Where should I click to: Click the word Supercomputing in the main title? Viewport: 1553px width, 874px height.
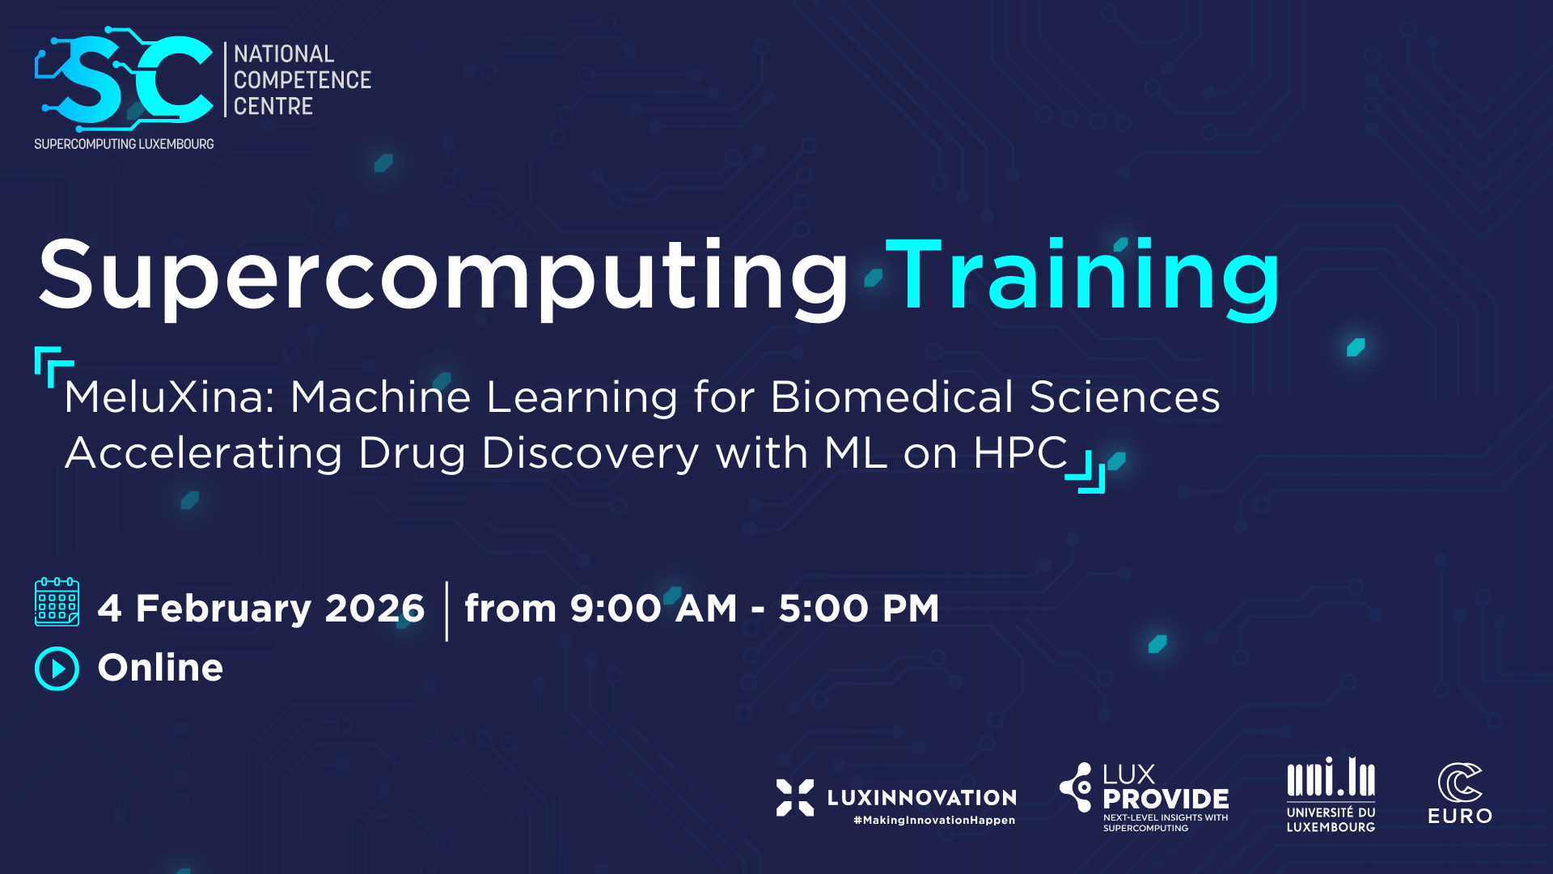(x=443, y=278)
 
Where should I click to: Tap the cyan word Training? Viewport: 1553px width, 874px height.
(x=1084, y=278)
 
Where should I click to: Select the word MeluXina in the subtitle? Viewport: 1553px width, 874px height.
(x=170, y=397)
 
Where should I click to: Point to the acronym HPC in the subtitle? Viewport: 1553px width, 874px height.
(x=1021, y=452)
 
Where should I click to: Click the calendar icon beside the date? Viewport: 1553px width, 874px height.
(x=57, y=602)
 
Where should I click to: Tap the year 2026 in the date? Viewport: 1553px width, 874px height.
(x=374, y=609)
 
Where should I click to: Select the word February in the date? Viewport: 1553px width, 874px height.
(x=223, y=609)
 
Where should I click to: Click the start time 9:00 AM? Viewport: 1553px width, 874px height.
(x=654, y=609)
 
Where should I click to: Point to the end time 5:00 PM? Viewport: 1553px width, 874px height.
(x=859, y=609)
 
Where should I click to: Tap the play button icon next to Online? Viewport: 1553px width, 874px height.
(x=57, y=668)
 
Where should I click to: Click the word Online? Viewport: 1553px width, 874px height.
(x=160, y=668)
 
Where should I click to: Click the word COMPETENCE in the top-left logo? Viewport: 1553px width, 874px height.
(x=303, y=80)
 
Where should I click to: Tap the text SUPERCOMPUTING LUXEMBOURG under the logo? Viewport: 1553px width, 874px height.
(x=124, y=144)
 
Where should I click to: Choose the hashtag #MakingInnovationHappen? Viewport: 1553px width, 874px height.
(x=934, y=821)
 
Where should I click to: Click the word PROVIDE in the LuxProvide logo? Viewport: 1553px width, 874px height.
(x=1166, y=800)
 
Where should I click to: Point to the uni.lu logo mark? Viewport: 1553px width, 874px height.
(x=1331, y=777)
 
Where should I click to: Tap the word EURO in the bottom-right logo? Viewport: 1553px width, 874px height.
(x=1460, y=817)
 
